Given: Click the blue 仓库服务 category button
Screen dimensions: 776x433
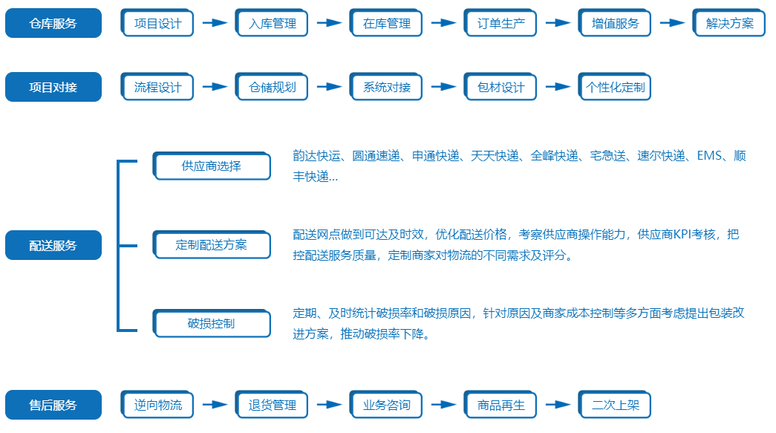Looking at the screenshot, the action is pyautogui.click(x=53, y=23).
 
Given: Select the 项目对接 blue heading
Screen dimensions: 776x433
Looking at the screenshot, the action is pyautogui.click(x=53, y=87).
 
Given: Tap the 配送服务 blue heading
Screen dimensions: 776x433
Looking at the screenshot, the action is pyautogui.click(x=53, y=245).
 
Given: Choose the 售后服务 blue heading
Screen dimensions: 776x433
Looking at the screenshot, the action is pyautogui.click(x=53, y=405).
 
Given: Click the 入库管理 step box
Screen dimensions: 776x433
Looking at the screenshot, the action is pyautogui.click(x=272, y=23).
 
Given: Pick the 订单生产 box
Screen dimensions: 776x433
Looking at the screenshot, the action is pyautogui.click(x=501, y=23).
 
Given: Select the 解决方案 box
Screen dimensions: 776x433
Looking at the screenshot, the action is pyautogui.click(x=729, y=23).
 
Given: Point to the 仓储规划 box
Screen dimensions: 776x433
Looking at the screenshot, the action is pyautogui.click(x=272, y=87).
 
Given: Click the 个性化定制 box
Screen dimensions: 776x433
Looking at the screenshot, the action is pyautogui.click(x=615, y=87).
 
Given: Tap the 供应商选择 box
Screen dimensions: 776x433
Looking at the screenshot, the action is pyautogui.click(x=212, y=166).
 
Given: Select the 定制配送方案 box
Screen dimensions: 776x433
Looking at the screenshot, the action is pyautogui.click(x=212, y=244).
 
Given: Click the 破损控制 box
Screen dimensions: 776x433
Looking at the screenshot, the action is pyautogui.click(x=212, y=323).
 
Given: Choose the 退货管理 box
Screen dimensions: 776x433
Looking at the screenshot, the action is pyautogui.click(x=272, y=404).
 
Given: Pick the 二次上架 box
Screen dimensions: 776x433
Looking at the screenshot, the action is pyautogui.click(x=615, y=404).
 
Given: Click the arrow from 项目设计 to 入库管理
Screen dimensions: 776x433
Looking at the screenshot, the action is pyautogui.click(x=215, y=23).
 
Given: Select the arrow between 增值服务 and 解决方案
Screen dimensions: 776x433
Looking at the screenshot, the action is pyautogui.click(x=672, y=23).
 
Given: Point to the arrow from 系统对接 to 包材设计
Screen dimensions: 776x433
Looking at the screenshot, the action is pyautogui.click(x=443, y=87).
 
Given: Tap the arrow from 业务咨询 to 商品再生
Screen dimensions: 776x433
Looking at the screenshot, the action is pyautogui.click(x=443, y=404).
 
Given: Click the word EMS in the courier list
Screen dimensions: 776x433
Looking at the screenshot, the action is pyautogui.click(x=709, y=156).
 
